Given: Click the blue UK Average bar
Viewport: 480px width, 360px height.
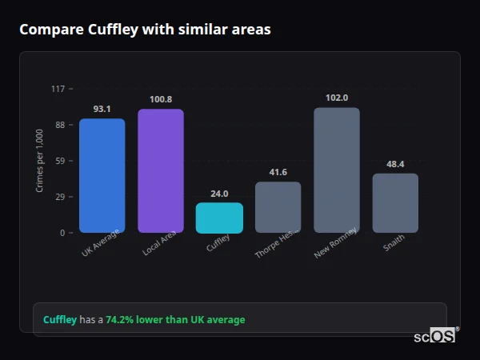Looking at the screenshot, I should pyautogui.click(x=102, y=176).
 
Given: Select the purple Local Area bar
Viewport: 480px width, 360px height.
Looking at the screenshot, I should pyautogui.click(x=160, y=171).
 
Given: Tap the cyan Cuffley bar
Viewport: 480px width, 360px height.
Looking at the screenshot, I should pyautogui.click(x=219, y=218).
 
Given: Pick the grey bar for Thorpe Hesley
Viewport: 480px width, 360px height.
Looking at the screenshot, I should pyautogui.click(x=278, y=207).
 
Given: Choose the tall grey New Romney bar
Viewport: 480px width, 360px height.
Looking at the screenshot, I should pyautogui.click(x=336, y=170).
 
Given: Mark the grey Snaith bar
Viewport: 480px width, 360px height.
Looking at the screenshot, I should pyautogui.click(x=395, y=203).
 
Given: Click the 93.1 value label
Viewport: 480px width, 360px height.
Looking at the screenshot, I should pyautogui.click(x=102, y=109).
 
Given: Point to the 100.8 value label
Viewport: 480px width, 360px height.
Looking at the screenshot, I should pyautogui.click(x=160, y=99).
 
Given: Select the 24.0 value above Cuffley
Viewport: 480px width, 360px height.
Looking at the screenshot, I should pyautogui.click(x=219, y=193).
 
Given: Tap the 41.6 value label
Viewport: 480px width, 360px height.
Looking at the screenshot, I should pyautogui.click(x=278, y=172).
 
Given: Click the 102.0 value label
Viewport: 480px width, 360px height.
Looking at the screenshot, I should pyautogui.click(x=336, y=98).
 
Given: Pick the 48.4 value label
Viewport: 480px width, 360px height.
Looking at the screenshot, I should pyautogui.click(x=395, y=164).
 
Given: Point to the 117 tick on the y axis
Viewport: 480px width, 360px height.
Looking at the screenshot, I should pyautogui.click(x=58, y=89).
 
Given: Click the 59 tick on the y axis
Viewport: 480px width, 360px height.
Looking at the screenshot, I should pyautogui.click(x=60, y=161).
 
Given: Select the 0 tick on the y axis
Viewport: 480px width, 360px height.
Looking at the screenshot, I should pyautogui.click(x=62, y=233).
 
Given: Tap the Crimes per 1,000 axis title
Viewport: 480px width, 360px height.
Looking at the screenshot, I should pyautogui.click(x=40, y=161).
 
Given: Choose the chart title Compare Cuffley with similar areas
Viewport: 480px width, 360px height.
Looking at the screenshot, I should pyautogui.click(x=145, y=30).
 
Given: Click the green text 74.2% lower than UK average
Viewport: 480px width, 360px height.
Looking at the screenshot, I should pyautogui.click(x=175, y=320).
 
